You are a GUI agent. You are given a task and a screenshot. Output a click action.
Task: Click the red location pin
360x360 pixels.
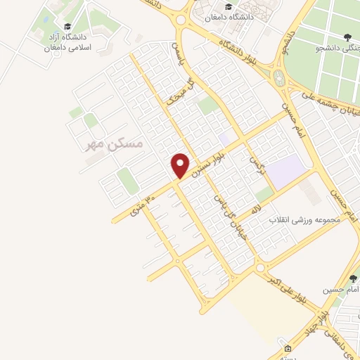click(181, 165)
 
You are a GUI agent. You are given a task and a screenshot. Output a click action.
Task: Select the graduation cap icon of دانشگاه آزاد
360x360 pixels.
click(67, 27)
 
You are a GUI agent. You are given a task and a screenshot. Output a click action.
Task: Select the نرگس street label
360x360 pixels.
click(257, 167)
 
